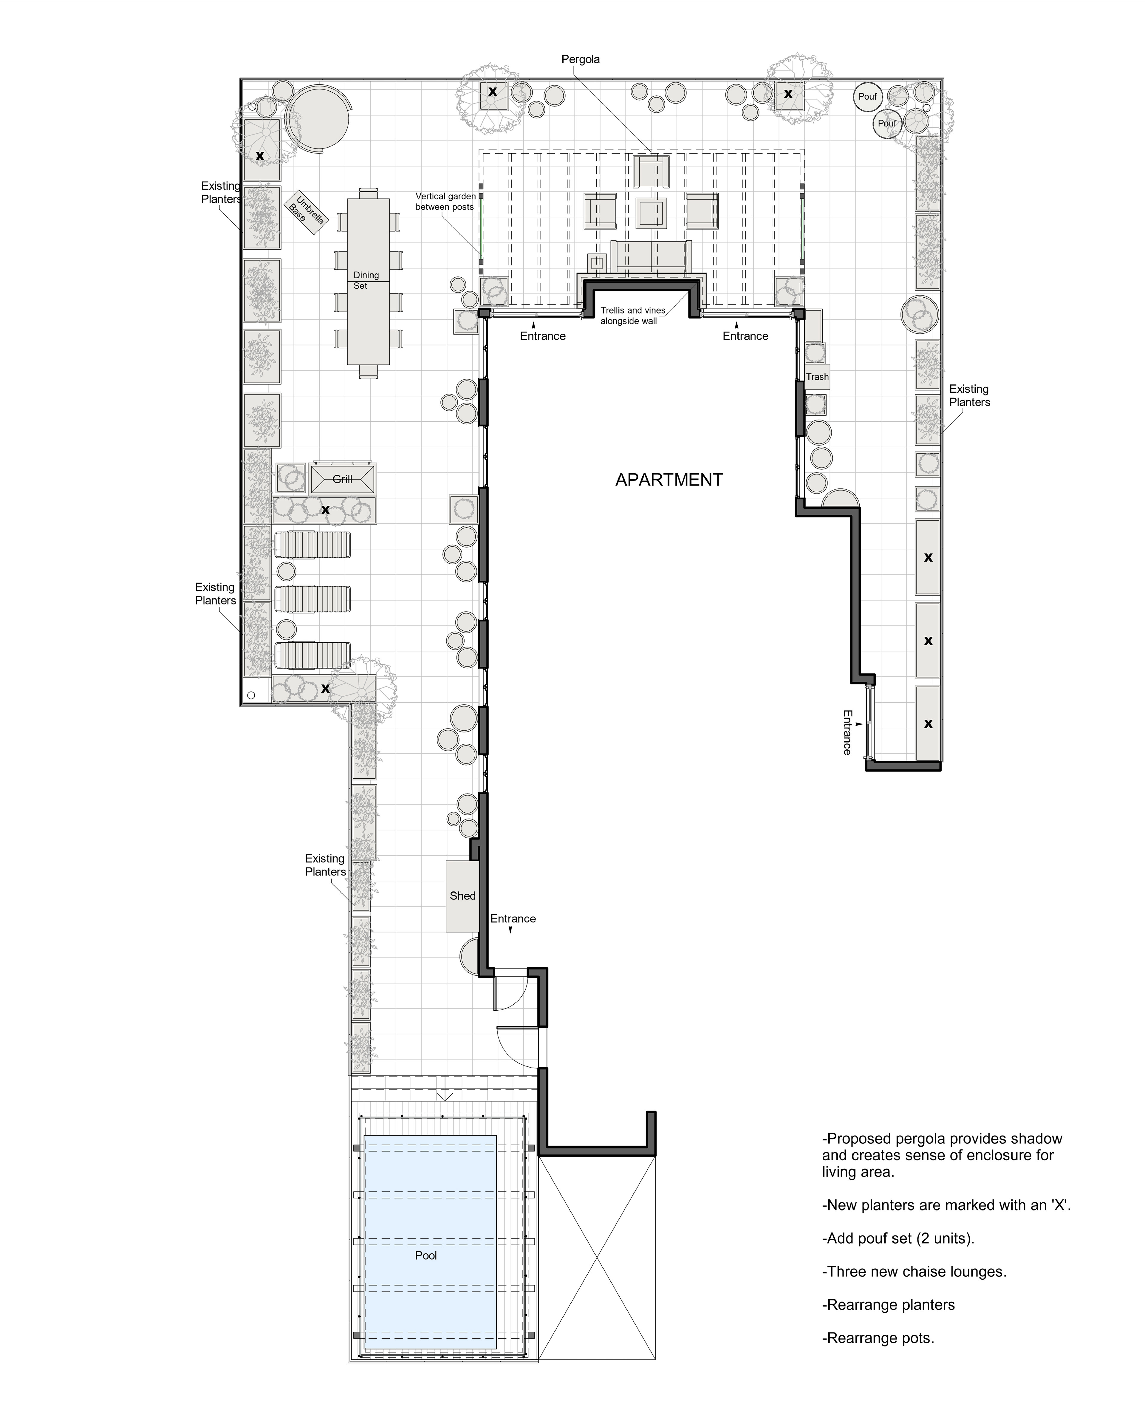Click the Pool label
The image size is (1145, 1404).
tap(425, 1255)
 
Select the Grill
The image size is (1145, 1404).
tap(342, 478)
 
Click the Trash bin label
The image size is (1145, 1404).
tap(817, 377)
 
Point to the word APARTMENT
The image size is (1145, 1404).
tap(669, 480)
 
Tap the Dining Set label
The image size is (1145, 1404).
tap(365, 280)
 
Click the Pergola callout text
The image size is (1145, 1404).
tap(581, 59)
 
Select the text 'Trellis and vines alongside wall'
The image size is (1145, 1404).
tap(632, 315)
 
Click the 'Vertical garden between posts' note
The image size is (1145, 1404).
tap(445, 201)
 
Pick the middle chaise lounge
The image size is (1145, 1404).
tap(312, 599)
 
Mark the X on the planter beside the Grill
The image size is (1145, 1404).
tap(325, 510)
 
